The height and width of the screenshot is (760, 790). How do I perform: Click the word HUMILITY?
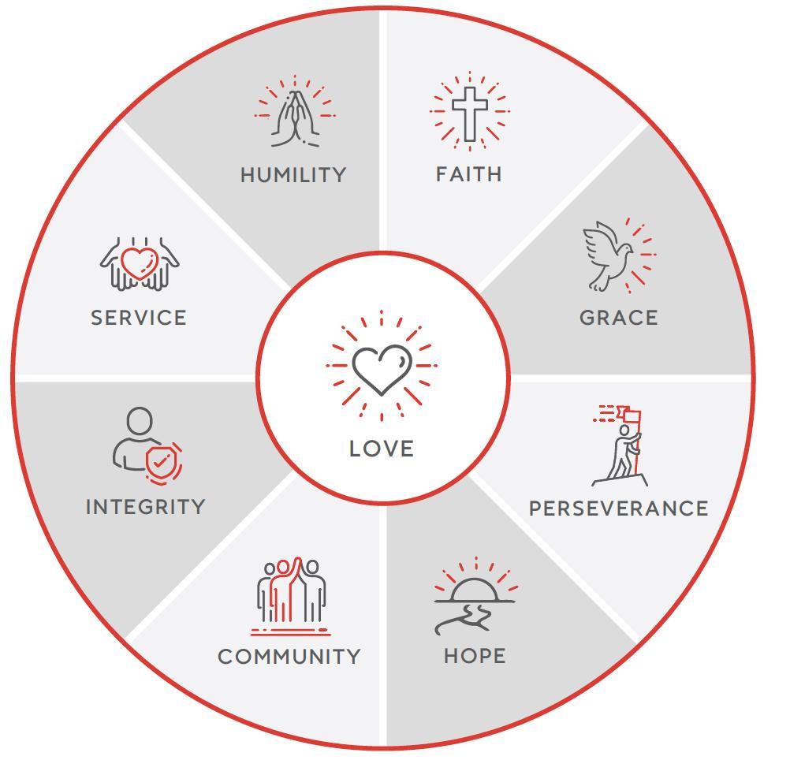(x=293, y=174)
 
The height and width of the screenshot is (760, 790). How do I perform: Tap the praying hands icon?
(x=295, y=117)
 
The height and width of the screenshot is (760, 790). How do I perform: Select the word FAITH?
(x=469, y=173)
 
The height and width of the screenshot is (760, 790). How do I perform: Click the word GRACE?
(x=618, y=318)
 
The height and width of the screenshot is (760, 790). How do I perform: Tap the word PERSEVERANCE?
(x=618, y=509)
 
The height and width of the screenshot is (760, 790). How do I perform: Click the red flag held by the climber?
(x=632, y=415)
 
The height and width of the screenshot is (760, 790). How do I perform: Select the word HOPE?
(x=475, y=656)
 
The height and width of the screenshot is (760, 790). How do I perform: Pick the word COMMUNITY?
(x=289, y=657)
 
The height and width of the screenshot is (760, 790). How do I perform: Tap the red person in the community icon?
(x=289, y=591)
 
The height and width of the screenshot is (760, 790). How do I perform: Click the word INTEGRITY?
(x=145, y=507)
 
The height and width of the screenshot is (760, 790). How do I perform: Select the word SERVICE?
(x=139, y=318)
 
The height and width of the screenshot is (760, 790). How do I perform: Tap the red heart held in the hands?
(x=140, y=263)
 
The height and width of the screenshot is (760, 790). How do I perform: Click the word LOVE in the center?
(x=382, y=449)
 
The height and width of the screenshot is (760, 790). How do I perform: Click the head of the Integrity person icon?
(x=140, y=421)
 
